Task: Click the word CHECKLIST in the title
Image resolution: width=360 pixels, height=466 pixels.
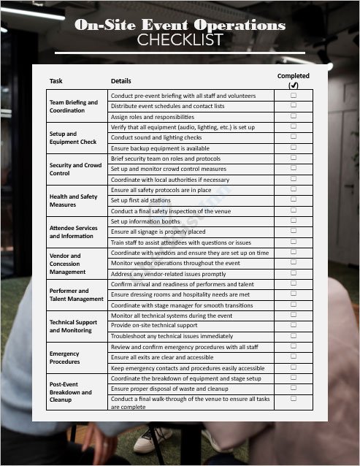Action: pos(180,39)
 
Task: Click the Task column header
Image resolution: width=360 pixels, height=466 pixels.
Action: pos(56,80)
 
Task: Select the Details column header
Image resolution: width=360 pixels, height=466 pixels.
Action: pos(121,80)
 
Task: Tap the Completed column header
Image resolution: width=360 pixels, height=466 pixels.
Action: pos(293,76)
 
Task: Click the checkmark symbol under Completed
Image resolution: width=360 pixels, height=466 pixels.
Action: pos(294,85)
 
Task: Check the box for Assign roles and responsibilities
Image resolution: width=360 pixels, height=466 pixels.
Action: pos(294,116)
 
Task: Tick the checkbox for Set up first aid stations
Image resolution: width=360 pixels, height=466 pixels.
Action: pos(294,199)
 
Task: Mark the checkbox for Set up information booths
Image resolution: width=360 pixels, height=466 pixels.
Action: pos(294,220)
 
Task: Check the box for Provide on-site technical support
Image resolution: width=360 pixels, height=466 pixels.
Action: pos(294,324)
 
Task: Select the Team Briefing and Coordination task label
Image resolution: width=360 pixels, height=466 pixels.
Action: pos(73,106)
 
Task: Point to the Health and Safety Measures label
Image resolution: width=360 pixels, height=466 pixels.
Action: pos(73,200)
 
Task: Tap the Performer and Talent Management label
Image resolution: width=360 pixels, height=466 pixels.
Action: pos(76,294)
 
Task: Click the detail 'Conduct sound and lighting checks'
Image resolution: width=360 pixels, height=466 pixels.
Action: pos(156,137)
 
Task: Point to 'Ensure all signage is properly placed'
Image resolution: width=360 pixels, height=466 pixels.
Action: pos(158,232)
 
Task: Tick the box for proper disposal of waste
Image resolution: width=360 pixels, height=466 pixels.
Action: pos(294,388)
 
